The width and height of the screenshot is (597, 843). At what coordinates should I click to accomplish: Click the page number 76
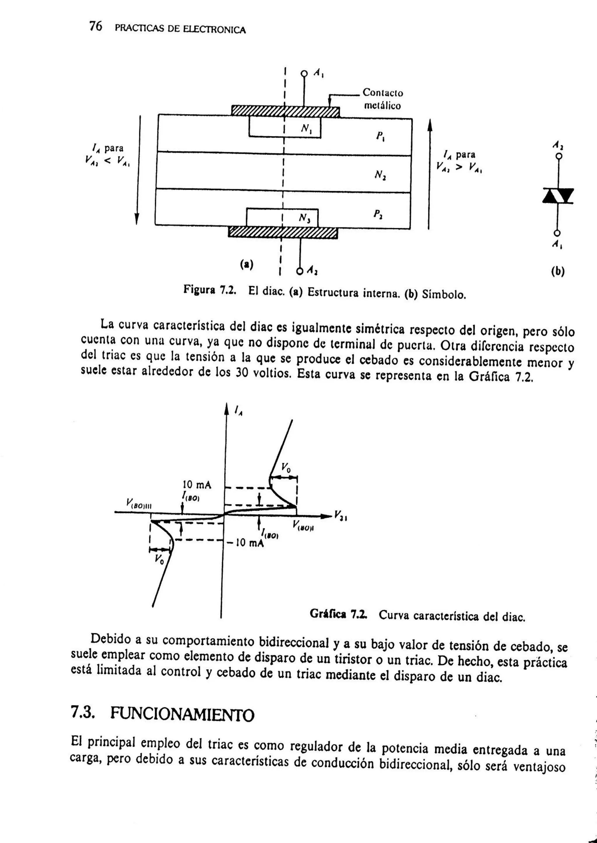click(x=96, y=27)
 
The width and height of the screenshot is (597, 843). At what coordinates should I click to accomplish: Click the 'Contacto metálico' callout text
click(x=382, y=99)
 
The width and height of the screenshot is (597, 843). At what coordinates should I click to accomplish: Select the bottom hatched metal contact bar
click(x=283, y=233)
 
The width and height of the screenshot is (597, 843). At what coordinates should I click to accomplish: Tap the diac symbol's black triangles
click(x=558, y=196)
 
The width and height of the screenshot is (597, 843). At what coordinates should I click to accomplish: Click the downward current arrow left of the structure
click(x=137, y=169)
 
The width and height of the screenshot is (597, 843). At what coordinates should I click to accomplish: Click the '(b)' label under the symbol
click(x=558, y=272)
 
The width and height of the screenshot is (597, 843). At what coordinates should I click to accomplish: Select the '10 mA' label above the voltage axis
click(x=197, y=485)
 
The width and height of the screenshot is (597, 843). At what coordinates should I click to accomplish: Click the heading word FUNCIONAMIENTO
click(x=182, y=715)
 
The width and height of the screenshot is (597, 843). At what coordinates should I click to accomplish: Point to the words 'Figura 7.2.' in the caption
click(x=210, y=291)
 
